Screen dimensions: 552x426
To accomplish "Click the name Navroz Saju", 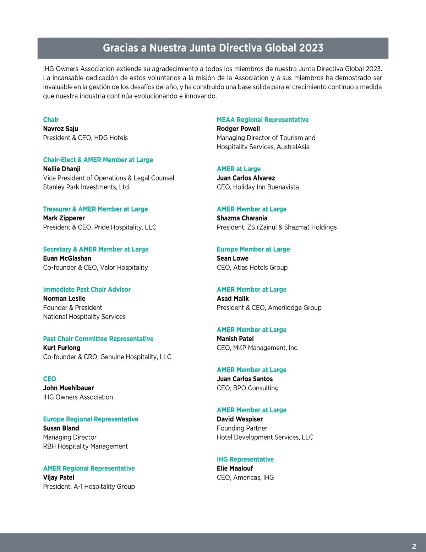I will [x=60, y=129].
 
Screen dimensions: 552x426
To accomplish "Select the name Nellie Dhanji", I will [x=62, y=169].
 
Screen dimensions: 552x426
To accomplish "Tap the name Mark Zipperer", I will [x=64, y=218].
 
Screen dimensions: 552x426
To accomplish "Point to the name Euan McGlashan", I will [x=67, y=258].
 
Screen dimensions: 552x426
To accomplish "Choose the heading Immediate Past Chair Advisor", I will [x=87, y=289].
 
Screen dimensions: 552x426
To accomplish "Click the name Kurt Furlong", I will [x=62, y=348].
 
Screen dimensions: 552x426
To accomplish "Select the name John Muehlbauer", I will [x=69, y=388].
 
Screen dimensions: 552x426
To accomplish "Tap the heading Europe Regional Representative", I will [x=91, y=419].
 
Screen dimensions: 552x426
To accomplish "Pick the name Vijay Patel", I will [x=59, y=477].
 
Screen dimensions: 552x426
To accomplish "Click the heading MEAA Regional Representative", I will [x=263, y=120].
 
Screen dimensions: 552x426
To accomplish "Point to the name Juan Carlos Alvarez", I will [x=246, y=178].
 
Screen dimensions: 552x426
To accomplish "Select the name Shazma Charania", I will [x=242, y=218].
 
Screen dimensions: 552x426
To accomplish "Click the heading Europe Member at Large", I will [x=253, y=249].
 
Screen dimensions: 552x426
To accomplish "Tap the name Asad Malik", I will [x=233, y=299].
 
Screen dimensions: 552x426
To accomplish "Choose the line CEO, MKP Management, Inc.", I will [x=258, y=348].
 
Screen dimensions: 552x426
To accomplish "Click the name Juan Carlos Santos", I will [x=245, y=379].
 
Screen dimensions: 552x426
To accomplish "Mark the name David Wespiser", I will [x=240, y=419].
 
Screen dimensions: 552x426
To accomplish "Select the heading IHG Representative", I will [x=245, y=459].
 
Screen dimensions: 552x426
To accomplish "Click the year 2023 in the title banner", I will [x=311, y=48].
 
